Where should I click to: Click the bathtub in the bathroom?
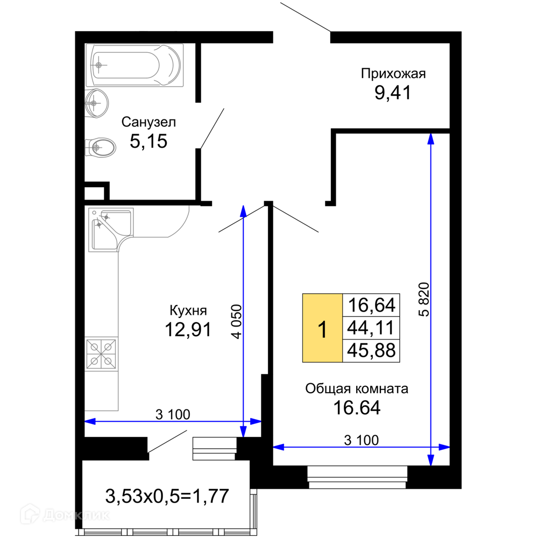click(x=134, y=65)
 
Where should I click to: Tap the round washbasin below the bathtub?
click(x=96, y=103)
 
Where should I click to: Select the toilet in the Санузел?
click(x=100, y=148)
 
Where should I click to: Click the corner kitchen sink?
click(x=110, y=230)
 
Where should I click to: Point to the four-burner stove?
click(x=101, y=354)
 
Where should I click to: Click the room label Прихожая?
click(x=393, y=74)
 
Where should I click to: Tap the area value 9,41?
click(x=393, y=93)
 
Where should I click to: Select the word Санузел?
click(x=148, y=122)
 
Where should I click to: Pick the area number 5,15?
click(x=148, y=141)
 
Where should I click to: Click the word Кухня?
click(x=188, y=310)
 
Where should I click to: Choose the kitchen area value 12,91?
click(x=188, y=329)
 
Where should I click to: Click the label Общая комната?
click(x=357, y=389)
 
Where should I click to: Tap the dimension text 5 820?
click(x=424, y=299)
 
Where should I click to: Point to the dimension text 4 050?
click(x=237, y=322)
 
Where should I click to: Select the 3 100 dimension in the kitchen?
click(x=173, y=414)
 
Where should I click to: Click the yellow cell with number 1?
click(x=322, y=328)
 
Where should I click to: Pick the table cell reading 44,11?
click(x=371, y=328)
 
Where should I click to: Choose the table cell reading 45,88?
click(x=371, y=351)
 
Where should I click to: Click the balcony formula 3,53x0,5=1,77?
click(x=167, y=496)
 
